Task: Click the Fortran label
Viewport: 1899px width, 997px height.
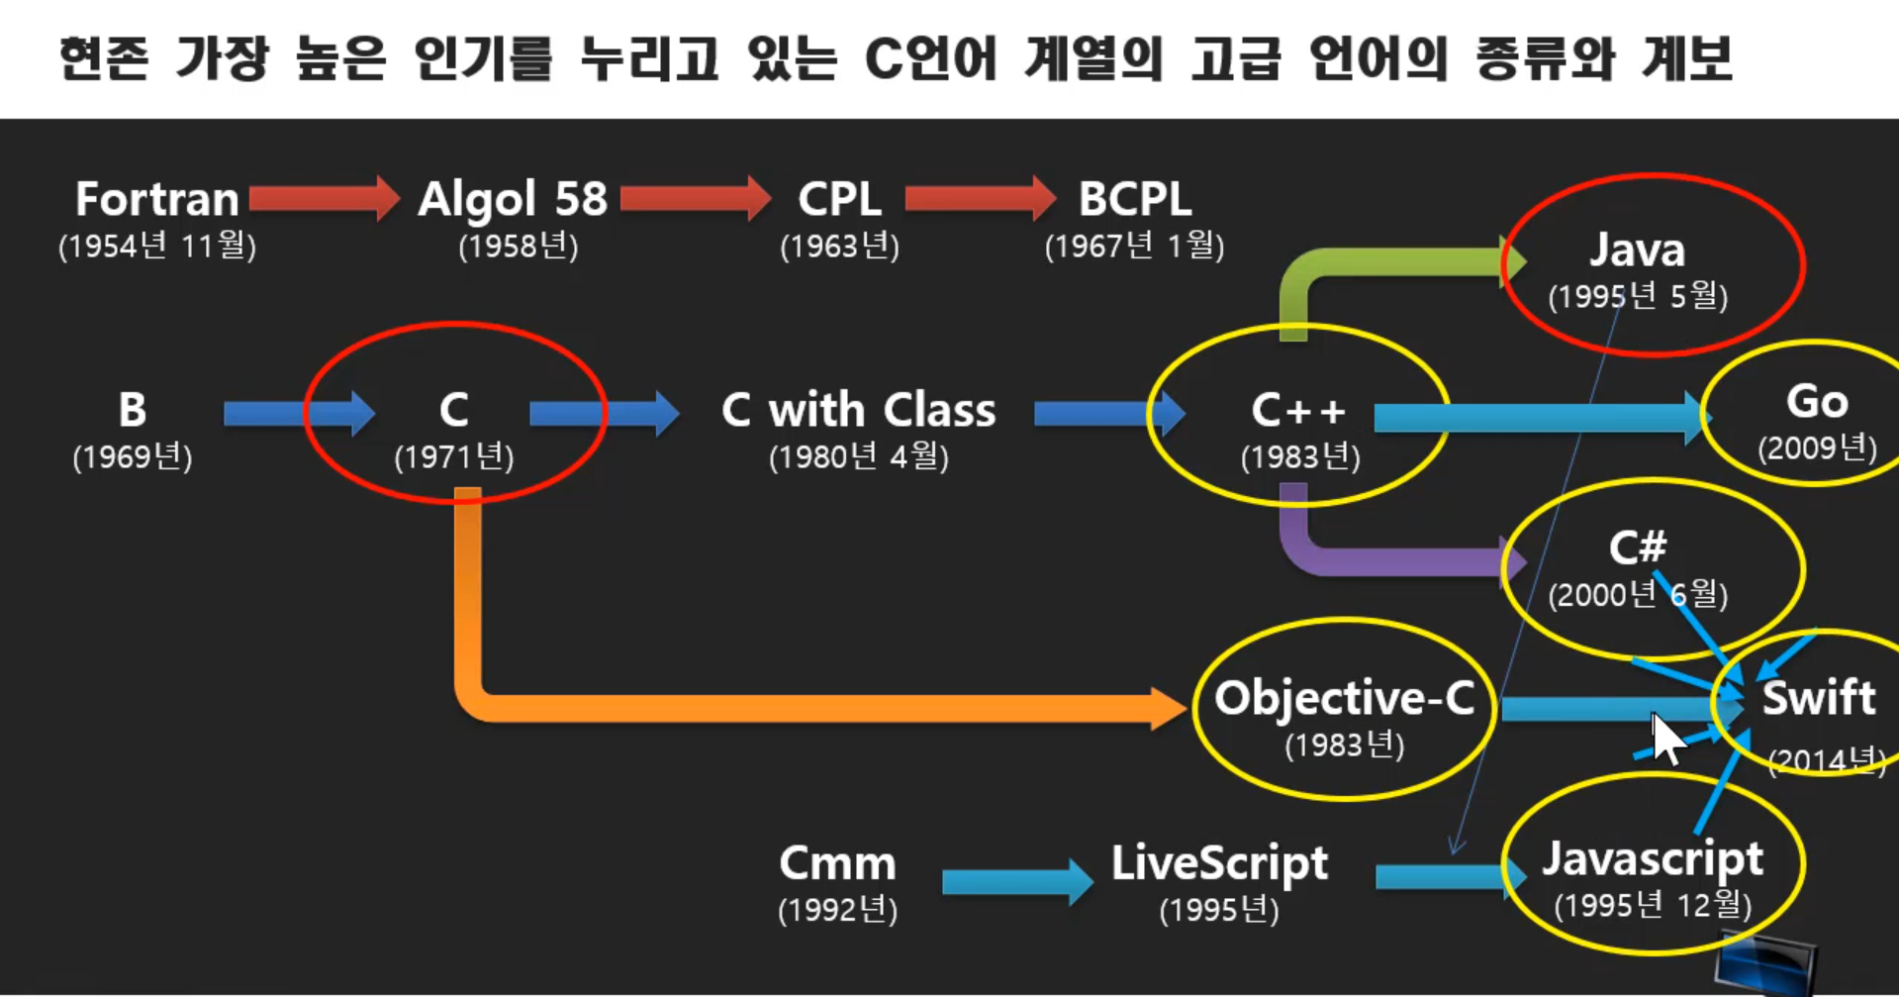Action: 157,199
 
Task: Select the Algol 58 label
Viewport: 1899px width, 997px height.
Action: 512,199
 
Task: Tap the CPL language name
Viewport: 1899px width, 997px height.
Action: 839,199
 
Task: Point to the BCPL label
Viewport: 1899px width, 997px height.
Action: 1134,199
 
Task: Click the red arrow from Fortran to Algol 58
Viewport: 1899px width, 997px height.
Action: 323,198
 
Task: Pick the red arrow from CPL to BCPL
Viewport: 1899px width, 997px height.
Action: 979,198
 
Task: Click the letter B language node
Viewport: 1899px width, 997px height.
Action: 132,409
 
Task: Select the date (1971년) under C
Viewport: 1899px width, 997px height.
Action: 454,456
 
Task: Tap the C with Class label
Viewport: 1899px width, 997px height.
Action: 858,409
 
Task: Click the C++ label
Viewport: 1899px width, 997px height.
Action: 1298,410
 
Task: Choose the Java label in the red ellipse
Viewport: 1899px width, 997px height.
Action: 1637,249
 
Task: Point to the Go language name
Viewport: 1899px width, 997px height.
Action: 1817,401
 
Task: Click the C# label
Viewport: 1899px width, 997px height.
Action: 1637,547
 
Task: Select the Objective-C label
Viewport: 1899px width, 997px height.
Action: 1344,698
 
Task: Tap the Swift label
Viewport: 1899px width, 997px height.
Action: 1819,698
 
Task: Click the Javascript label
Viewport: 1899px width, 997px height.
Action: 1653,858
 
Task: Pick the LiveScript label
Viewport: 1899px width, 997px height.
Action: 1219,862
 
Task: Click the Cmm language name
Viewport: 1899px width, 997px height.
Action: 837,862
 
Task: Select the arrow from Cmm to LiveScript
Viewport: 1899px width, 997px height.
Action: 1015,881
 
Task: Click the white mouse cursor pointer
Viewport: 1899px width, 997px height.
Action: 1665,738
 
